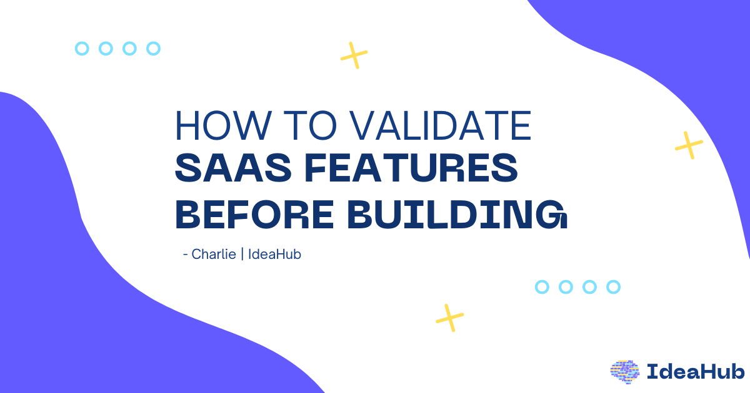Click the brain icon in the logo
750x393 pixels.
(x=625, y=371)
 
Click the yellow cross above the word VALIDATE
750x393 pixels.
(x=354, y=56)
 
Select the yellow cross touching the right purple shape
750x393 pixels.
(x=689, y=145)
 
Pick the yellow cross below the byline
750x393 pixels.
(x=449, y=318)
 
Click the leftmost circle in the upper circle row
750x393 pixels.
(x=82, y=48)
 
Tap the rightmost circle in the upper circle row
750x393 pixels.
(x=153, y=48)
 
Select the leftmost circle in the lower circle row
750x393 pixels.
(x=542, y=287)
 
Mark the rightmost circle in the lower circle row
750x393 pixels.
(x=613, y=287)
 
